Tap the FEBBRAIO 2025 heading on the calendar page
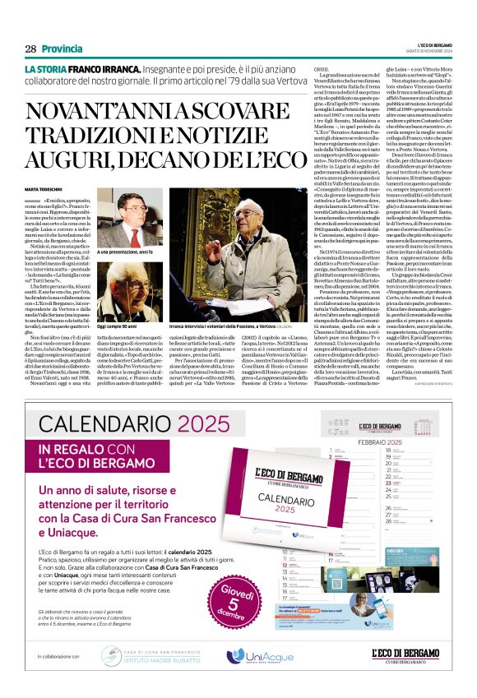click(x=361, y=441)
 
